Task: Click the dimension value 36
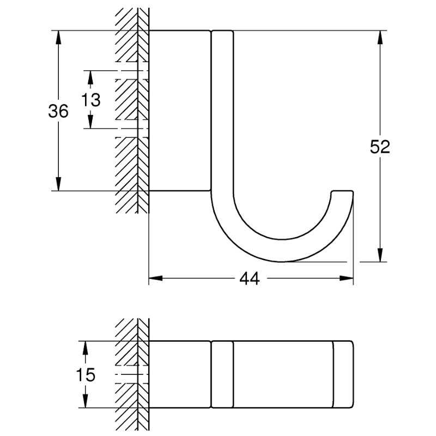click(58, 111)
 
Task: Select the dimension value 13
click(90, 100)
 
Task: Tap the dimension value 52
click(380, 147)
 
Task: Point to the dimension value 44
click(250, 278)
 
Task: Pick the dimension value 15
click(86, 374)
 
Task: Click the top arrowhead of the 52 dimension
click(380, 37)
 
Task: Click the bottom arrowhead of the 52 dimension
click(380, 255)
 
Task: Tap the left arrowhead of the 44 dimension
click(156, 278)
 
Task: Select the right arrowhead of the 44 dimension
click(347, 278)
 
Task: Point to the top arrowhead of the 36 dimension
click(58, 37)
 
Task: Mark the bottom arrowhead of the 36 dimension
click(58, 184)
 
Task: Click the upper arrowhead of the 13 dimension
click(90, 77)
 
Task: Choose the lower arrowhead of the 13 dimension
click(90, 122)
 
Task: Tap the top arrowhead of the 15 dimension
click(86, 348)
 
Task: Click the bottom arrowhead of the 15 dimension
click(86, 401)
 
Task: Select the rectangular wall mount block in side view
click(180, 111)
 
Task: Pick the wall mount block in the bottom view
click(180, 374)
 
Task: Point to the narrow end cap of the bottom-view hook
click(343, 374)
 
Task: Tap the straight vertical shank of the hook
click(222, 111)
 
